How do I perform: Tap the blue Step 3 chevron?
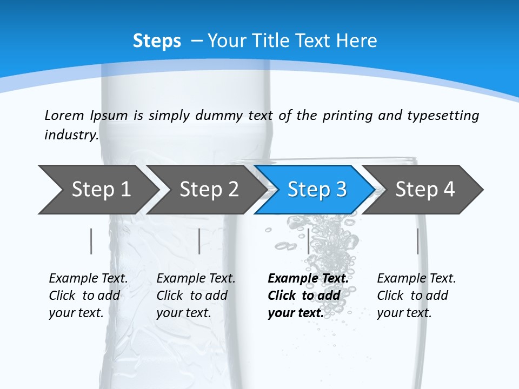(317, 189)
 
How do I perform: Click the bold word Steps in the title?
(157, 41)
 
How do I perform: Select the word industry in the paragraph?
(71, 135)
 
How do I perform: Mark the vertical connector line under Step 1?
(91, 241)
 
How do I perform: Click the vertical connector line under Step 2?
(199, 241)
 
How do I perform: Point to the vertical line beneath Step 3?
(308, 241)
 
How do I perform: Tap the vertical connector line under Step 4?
(417, 241)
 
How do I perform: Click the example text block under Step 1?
(88, 296)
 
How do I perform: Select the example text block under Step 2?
(196, 296)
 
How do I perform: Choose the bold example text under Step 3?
(308, 296)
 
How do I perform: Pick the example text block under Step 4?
(416, 296)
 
